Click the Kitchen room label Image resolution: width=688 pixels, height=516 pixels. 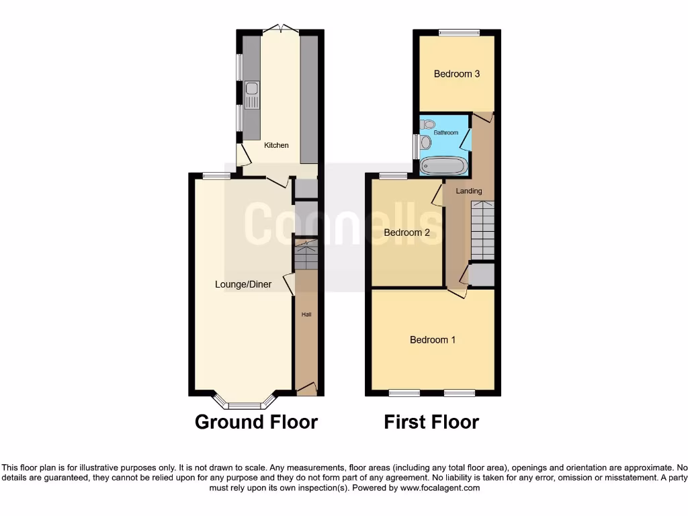(x=276, y=145)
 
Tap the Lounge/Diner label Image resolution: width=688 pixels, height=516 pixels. (x=243, y=284)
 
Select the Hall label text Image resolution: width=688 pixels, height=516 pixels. (x=306, y=314)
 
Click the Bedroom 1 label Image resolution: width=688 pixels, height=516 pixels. (x=433, y=340)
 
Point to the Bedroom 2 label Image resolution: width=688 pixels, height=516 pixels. (x=406, y=233)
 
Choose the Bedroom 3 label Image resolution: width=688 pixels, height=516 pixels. (x=457, y=74)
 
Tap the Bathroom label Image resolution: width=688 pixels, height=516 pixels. (x=445, y=133)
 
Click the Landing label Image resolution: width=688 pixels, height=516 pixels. (x=469, y=191)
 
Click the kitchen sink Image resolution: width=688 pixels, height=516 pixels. (x=252, y=94)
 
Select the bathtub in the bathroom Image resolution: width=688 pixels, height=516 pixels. (x=442, y=165)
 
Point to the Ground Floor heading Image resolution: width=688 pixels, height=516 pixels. (x=256, y=422)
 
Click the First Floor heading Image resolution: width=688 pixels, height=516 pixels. (x=431, y=422)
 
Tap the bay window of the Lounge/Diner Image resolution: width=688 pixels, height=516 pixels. (x=245, y=404)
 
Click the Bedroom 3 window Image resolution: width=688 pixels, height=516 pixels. (x=460, y=32)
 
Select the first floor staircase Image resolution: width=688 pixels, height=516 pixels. (x=482, y=230)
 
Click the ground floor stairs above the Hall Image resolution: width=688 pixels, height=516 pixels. (x=306, y=256)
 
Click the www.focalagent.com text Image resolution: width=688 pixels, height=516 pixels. (x=440, y=488)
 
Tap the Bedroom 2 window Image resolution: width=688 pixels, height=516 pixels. (x=393, y=176)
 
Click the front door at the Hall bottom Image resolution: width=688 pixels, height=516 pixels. (x=306, y=388)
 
